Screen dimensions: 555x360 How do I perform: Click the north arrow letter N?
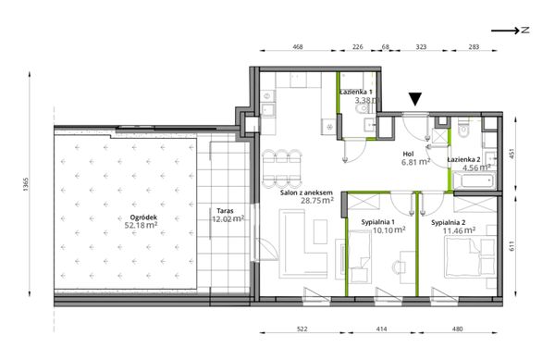525,31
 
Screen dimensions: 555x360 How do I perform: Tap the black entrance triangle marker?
415,99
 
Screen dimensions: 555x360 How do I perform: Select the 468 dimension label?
298,46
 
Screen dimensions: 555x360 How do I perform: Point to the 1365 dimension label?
26,184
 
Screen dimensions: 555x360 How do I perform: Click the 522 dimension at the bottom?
302,329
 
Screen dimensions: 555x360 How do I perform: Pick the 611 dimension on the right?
512,245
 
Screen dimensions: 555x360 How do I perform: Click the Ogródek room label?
143,217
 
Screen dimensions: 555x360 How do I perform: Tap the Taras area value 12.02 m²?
228,218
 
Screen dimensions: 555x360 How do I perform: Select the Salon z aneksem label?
306,192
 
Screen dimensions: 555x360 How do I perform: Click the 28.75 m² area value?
317,200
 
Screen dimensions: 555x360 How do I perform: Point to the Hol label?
408,154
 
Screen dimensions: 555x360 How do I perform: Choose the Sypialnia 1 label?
377,222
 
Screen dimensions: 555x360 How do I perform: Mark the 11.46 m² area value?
459,230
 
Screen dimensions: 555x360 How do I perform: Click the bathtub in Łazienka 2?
474,181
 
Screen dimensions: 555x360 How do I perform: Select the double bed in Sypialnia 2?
464,256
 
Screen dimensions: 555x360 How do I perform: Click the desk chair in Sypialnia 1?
399,267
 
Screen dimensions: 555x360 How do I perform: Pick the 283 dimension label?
474,46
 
